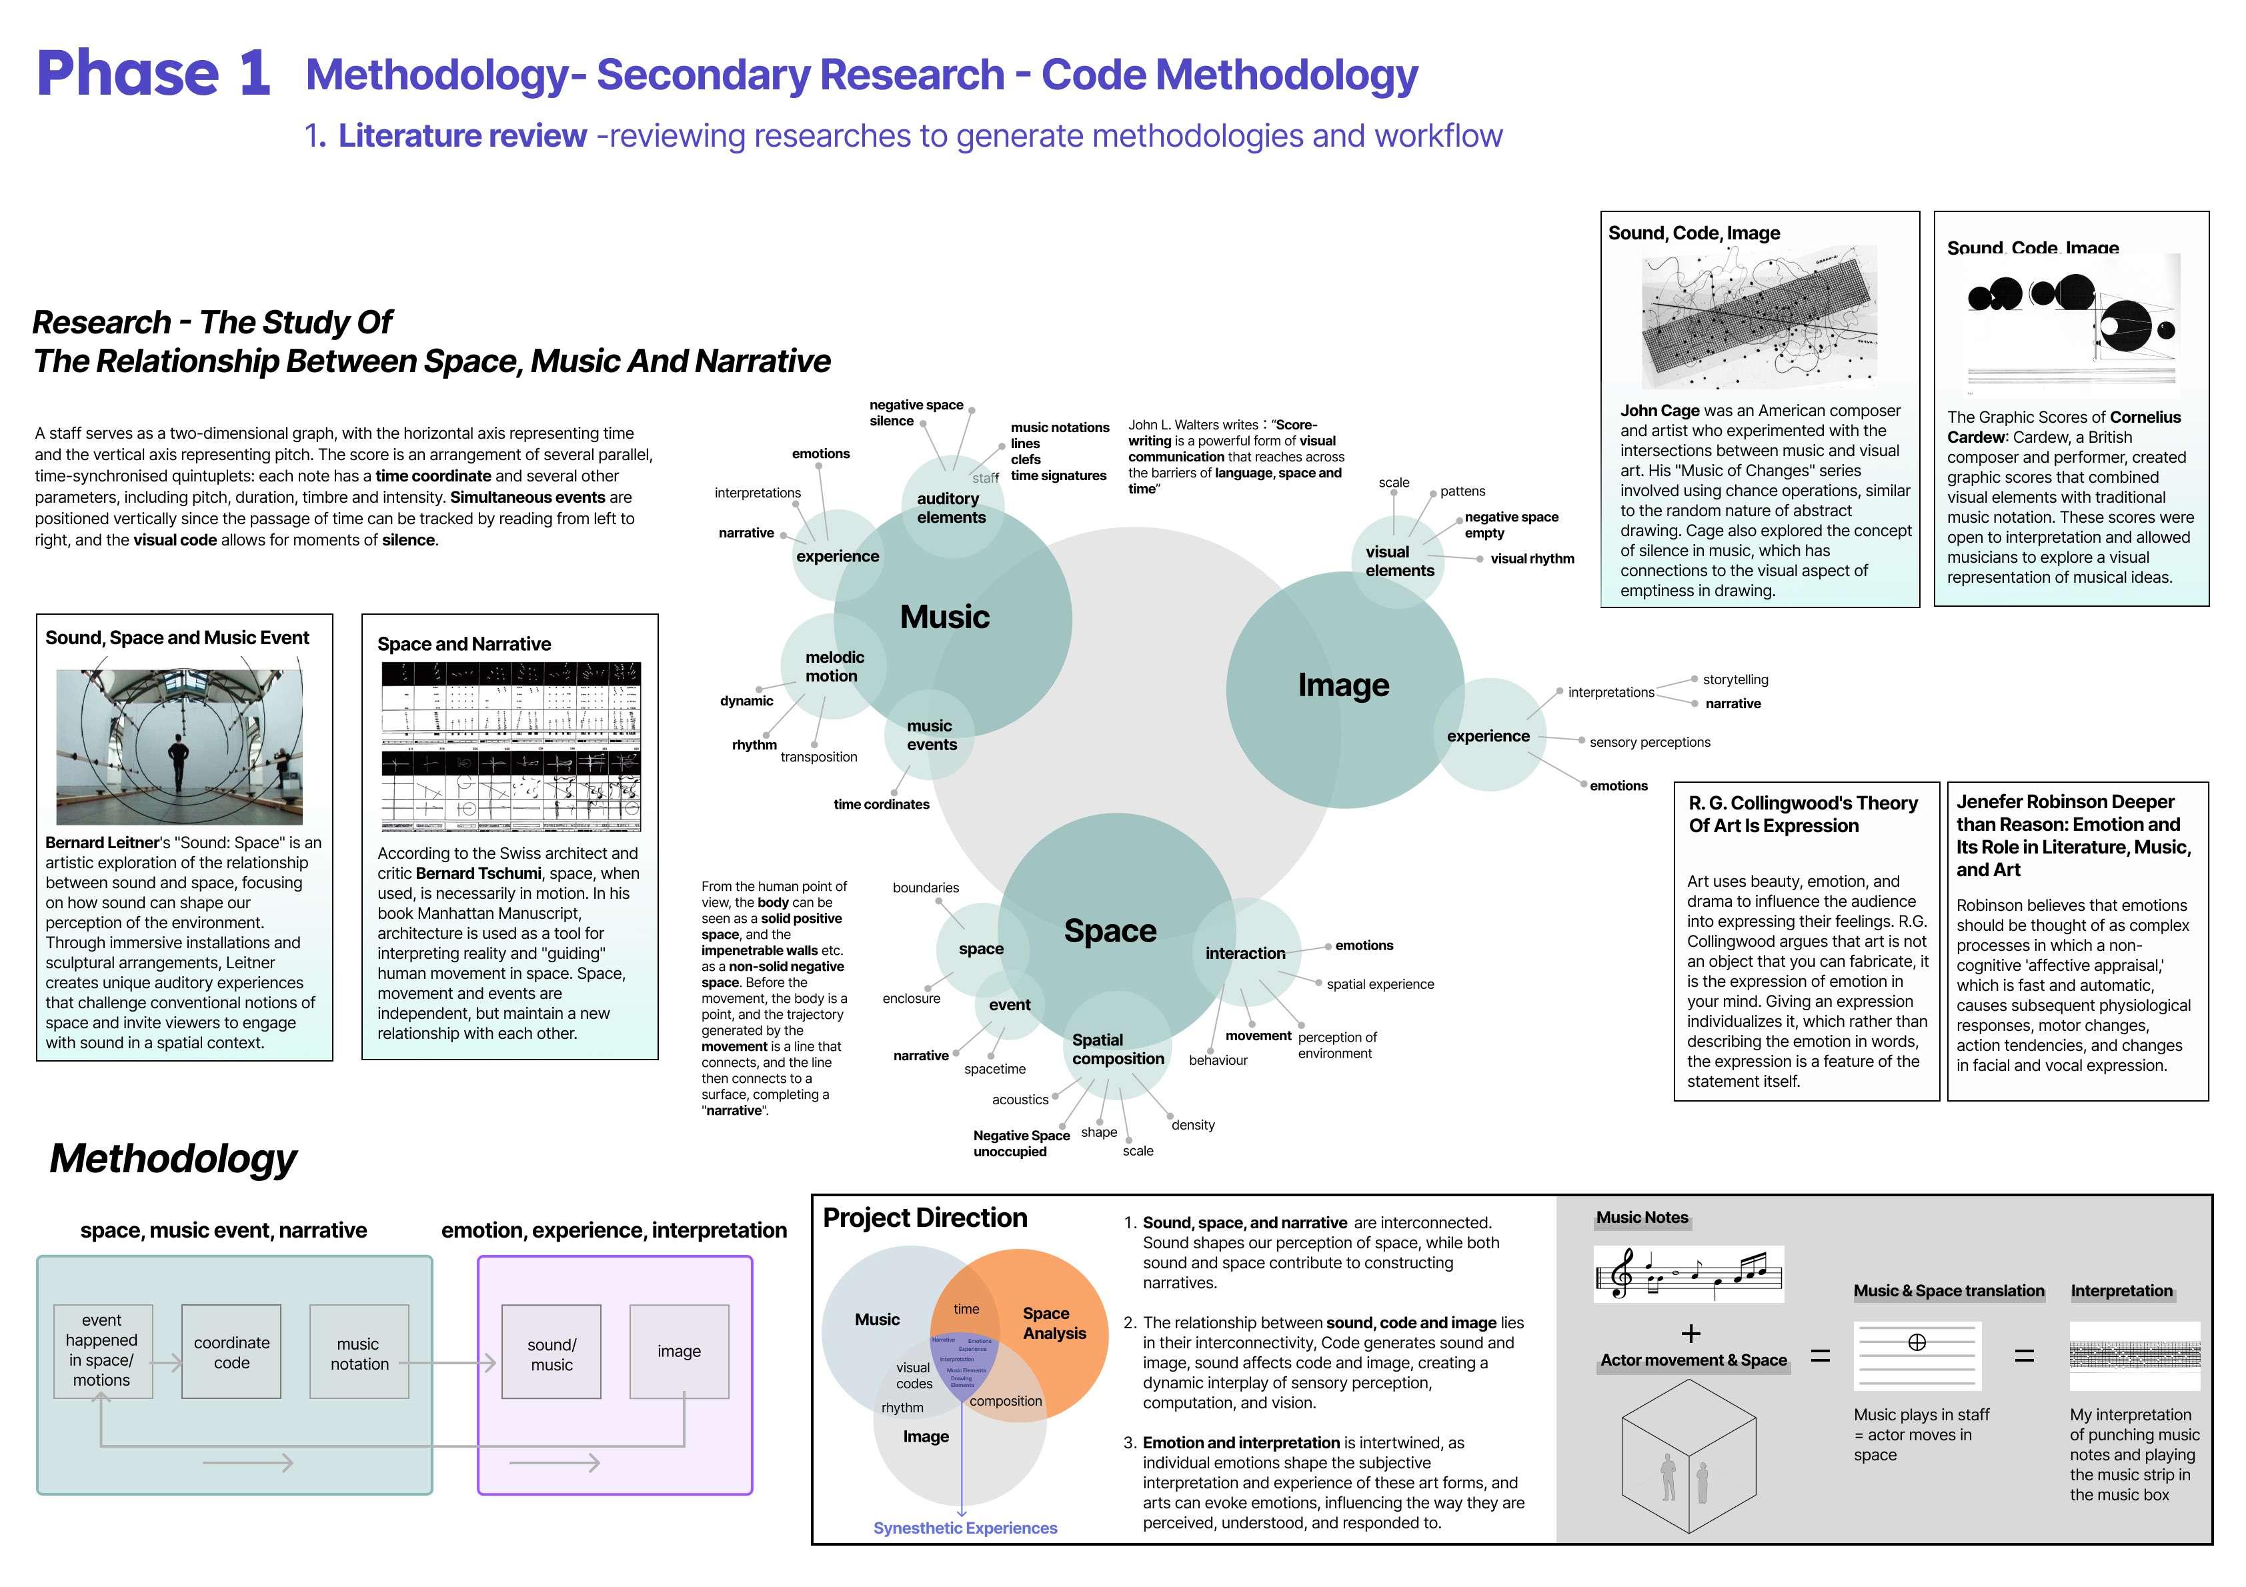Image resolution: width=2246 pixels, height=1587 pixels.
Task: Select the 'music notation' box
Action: coord(359,1352)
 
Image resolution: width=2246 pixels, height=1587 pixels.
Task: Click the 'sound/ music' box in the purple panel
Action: coord(551,1352)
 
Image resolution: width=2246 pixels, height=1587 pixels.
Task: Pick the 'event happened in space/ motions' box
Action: coord(102,1350)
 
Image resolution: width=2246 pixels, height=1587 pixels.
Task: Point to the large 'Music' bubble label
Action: coord(944,616)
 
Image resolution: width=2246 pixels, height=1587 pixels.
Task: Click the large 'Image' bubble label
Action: coord(1343,685)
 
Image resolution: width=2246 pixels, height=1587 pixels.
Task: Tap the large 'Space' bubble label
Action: coord(1109,930)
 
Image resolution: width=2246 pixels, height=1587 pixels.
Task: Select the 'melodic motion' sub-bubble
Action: coord(834,666)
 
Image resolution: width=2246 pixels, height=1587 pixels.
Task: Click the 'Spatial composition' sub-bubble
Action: coord(1117,1049)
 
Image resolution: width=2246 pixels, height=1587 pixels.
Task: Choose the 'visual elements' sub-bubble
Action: coord(1399,561)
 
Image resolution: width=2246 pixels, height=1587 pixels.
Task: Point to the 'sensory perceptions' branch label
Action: coord(1649,743)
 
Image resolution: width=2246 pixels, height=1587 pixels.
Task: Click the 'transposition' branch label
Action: coord(819,757)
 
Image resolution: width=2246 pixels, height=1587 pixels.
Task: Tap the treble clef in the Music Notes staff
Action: coord(1622,1274)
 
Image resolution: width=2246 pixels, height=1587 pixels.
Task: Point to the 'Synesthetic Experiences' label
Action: coord(964,1528)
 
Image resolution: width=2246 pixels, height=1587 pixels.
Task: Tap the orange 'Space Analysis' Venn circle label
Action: coord(1054,1323)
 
